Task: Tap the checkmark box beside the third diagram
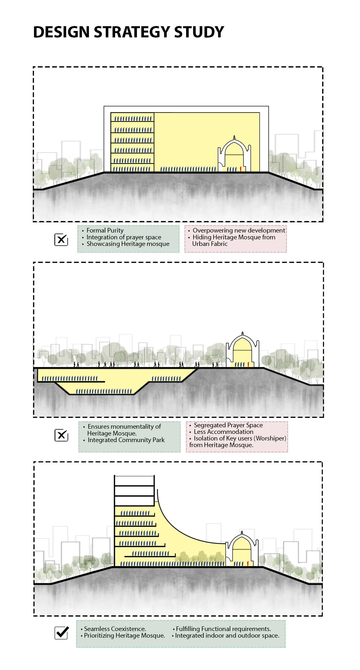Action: point(62,633)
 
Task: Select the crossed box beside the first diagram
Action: point(61,240)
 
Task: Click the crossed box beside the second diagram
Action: point(61,435)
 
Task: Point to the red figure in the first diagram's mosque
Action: point(241,169)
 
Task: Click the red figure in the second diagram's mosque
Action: point(248,364)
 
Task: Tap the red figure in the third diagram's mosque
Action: point(248,564)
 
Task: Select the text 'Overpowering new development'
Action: point(239,231)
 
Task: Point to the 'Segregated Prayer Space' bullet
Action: point(228,425)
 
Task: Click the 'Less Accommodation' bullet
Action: point(223,432)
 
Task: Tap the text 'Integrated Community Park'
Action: point(126,440)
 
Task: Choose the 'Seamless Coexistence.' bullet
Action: point(115,629)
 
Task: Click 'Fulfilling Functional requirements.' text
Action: point(223,629)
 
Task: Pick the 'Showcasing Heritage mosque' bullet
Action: point(128,244)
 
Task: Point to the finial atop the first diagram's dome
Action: point(234,137)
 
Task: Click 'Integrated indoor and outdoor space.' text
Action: point(227,636)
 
